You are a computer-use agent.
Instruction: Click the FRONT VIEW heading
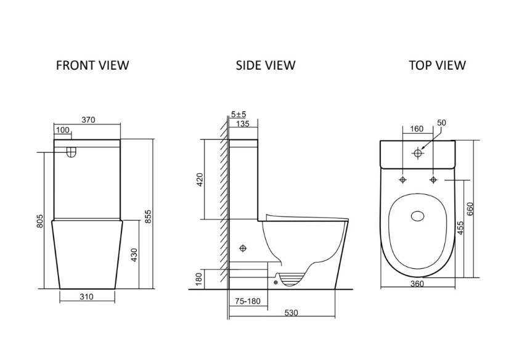point(92,65)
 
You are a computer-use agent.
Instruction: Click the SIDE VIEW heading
point(266,65)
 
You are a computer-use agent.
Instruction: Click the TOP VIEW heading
point(438,65)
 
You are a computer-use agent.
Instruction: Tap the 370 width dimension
point(89,120)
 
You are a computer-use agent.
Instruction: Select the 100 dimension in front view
point(62,130)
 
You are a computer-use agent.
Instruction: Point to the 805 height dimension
point(40,221)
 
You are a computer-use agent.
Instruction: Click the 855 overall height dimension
point(148,216)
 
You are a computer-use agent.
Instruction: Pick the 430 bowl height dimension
point(134,255)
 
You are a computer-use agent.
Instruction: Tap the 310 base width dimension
point(86,297)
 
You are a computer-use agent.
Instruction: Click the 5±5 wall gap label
point(238,114)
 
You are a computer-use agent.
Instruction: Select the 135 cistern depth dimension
point(243,124)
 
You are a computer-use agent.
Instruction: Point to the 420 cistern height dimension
point(200,179)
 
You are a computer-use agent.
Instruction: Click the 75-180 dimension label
point(248,301)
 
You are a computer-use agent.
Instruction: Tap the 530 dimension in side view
point(291,313)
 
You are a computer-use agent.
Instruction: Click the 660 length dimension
point(470,208)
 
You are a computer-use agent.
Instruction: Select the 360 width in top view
point(417,284)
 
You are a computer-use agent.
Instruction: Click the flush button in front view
point(71,152)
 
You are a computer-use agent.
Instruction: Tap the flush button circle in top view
point(418,153)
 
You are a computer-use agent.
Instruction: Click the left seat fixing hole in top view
point(402,180)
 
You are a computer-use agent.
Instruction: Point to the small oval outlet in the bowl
point(418,216)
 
